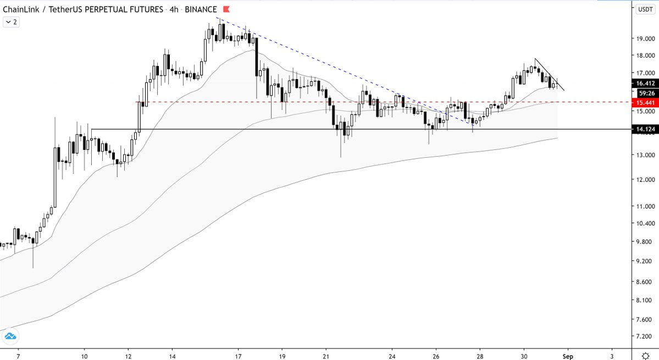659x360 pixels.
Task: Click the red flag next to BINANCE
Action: click(226, 9)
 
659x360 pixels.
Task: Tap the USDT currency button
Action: click(645, 9)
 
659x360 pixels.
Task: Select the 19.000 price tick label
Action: click(645, 38)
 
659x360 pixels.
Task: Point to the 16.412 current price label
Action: click(645, 83)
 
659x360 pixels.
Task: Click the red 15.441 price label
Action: click(645, 102)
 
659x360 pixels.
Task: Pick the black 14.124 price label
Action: click(645, 129)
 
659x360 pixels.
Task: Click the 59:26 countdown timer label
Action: click(645, 93)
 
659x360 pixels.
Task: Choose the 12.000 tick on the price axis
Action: click(645, 180)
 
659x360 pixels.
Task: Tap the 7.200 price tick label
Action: click(645, 336)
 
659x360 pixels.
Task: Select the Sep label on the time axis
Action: click(568, 356)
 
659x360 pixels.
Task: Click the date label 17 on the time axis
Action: click(239, 356)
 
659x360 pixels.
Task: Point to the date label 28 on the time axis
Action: click(480, 356)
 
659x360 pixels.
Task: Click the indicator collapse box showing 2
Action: click(10, 22)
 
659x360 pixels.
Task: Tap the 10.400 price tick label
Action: click(645, 224)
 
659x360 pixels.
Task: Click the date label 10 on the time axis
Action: click(84, 356)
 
